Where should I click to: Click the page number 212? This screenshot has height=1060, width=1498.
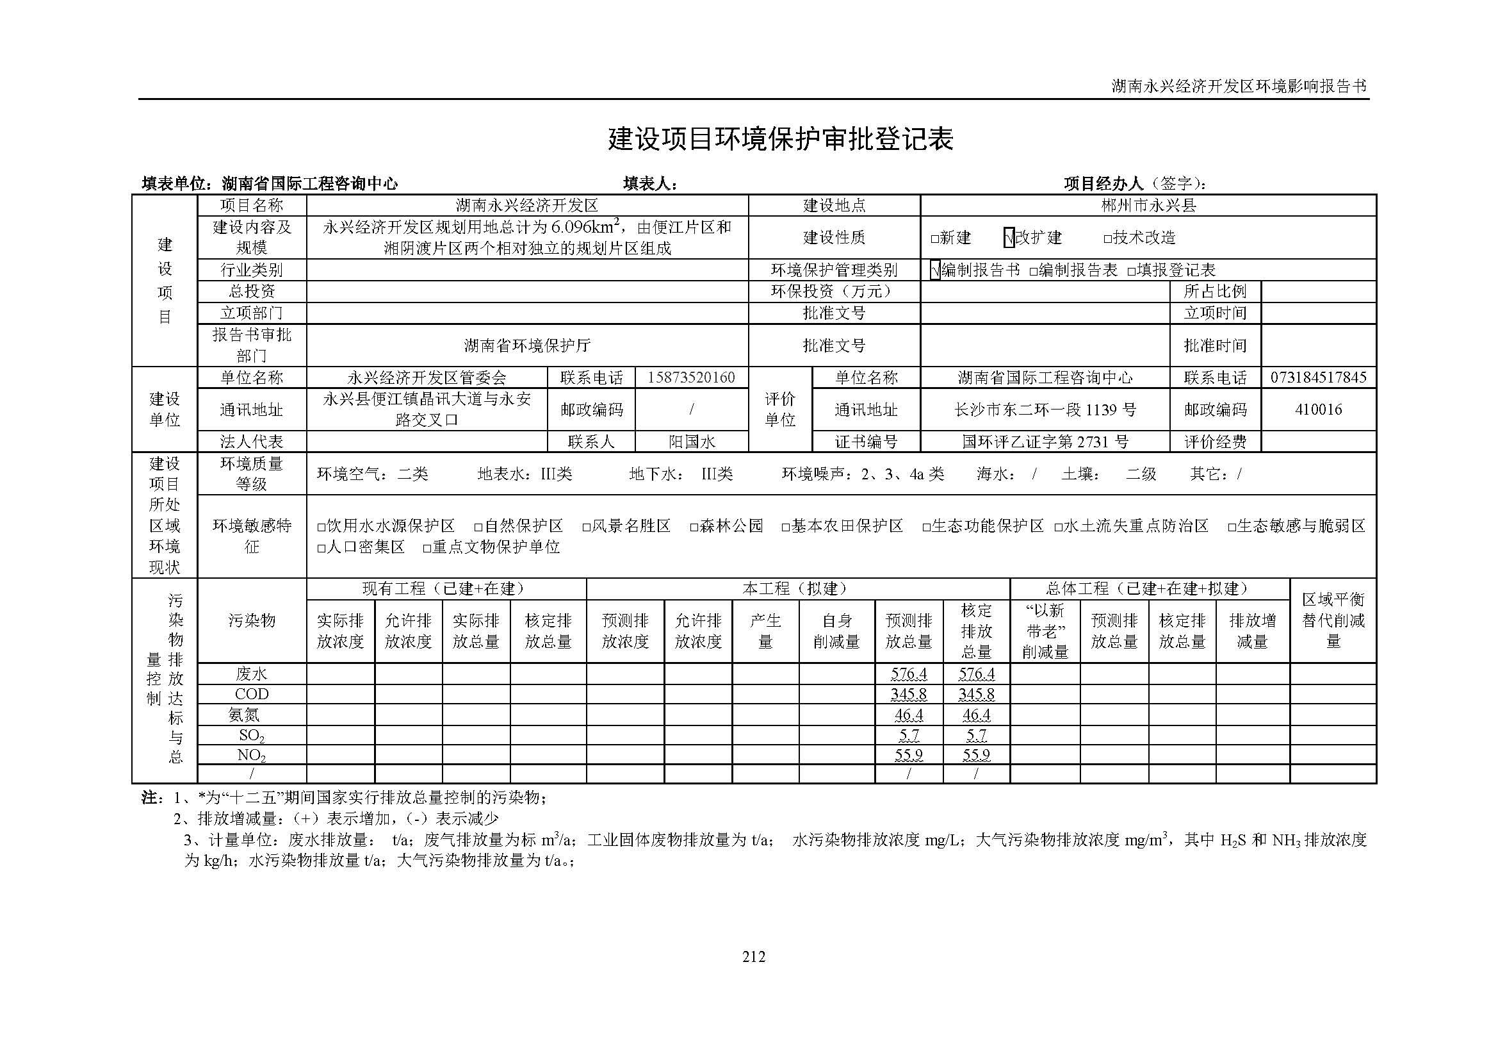(x=754, y=957)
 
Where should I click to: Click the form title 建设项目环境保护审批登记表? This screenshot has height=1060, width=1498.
(x=780, y=139)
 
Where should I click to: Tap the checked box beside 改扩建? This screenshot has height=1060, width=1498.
(x=1009, y=238)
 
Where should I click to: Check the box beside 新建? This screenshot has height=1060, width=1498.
(x=934, y=239)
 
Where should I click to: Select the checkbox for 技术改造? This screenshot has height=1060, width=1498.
(x=1107, y=239)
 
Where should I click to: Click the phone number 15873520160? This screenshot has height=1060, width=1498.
(x=691, y=377)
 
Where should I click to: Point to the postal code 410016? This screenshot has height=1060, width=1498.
(x=1318, y=410)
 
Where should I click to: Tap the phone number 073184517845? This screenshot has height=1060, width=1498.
(x=1318, y=377)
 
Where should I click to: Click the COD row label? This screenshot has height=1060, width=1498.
(x=252, y=694)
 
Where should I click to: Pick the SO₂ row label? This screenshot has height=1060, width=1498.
(x=252, y=736)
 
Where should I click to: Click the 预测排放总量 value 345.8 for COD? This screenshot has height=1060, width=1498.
(x=908, y=694)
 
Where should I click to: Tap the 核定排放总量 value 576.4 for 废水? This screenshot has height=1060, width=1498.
(x=976, y=674)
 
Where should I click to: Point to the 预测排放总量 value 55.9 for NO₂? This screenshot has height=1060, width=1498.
(x=908, y=755)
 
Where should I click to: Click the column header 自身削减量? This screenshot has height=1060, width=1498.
(x=836, y=631)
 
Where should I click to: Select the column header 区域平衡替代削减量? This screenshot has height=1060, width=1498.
(x=1333, y=620)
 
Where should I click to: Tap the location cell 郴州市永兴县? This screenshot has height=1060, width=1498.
(x=1148, y=206)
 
